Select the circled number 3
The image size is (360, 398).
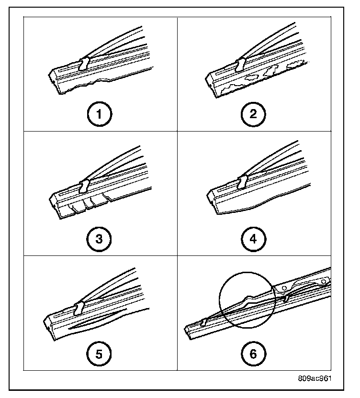(100, 238)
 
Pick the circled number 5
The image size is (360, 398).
(100, 354)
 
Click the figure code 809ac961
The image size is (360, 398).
(314, 377)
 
